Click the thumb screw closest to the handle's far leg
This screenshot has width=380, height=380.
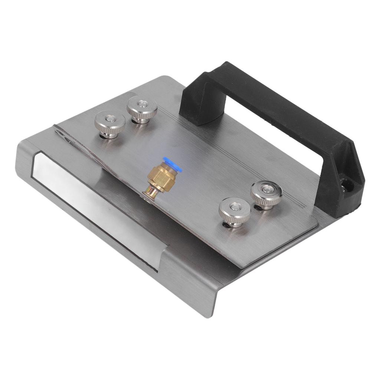point(142,108)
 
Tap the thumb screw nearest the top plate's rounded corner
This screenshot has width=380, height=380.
point(234,211)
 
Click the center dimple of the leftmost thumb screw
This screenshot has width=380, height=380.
point(109,119)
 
